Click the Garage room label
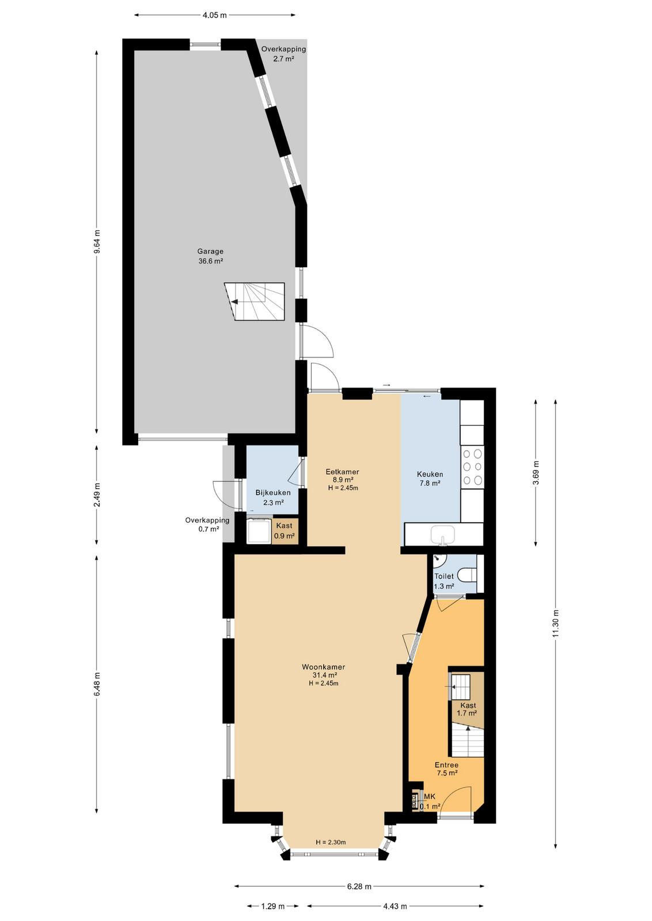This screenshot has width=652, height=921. [x=210, y=256]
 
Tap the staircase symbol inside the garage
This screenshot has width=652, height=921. [x=254, y=302]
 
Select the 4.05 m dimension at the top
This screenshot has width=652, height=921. [x=214, y=15]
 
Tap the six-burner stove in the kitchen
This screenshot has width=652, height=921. [x=472, y=467]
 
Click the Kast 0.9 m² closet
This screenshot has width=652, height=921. [x=285, y=530]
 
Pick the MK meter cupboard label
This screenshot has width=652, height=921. [x=430, y=797]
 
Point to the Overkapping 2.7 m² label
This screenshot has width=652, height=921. [x=283, y=54]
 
